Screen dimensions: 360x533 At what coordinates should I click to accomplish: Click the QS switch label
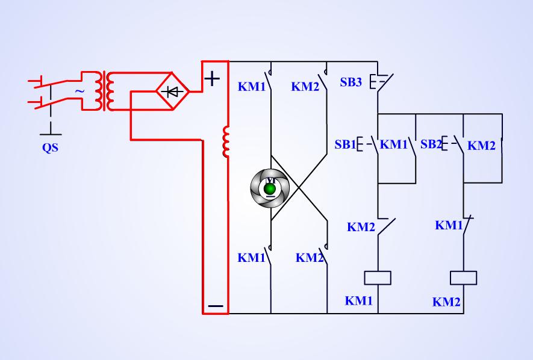click(50, 148)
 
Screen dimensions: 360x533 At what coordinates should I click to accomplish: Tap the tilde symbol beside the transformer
click(79, 91)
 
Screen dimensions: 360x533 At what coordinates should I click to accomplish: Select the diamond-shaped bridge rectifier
click(173, 92)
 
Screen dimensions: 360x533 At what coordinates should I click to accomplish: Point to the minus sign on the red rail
click(215, 306)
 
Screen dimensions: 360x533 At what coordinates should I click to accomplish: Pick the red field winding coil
click(226, 142)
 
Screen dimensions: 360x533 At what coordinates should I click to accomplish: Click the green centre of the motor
click(270, 189)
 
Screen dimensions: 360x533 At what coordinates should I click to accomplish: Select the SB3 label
click(351, 82)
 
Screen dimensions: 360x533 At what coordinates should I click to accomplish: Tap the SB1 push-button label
click(345, 144)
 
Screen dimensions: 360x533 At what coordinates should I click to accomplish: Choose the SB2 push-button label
click(431, 144)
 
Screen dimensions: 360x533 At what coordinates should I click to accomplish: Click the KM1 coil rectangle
click(378, 278)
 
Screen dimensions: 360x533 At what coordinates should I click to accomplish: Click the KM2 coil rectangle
click(464, 278)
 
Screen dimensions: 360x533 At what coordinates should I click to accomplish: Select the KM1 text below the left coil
click(359, 301)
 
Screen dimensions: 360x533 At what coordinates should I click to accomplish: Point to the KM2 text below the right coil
click(446, 302)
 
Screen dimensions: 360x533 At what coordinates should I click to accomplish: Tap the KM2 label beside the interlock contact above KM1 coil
click(361, 228)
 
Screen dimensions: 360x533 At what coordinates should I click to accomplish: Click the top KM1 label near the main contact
click(252, 87)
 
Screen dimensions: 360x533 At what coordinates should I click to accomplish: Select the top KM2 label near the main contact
click(305, 87)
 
